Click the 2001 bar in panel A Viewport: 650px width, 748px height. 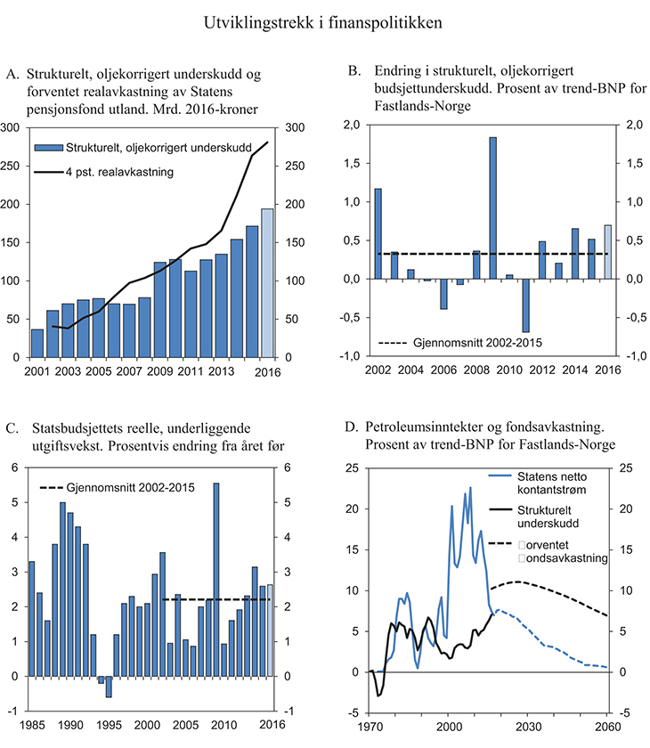(x=37, y=343)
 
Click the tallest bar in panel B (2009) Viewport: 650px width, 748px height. (x=492, y=207)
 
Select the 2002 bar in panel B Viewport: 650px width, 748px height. (x=378, y=233)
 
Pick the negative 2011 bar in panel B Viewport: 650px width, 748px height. (x=525, y=305)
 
